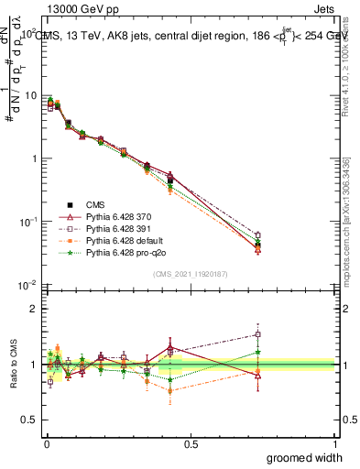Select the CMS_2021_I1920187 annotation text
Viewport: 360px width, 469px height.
191,274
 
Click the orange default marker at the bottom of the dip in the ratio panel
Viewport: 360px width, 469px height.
170,391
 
